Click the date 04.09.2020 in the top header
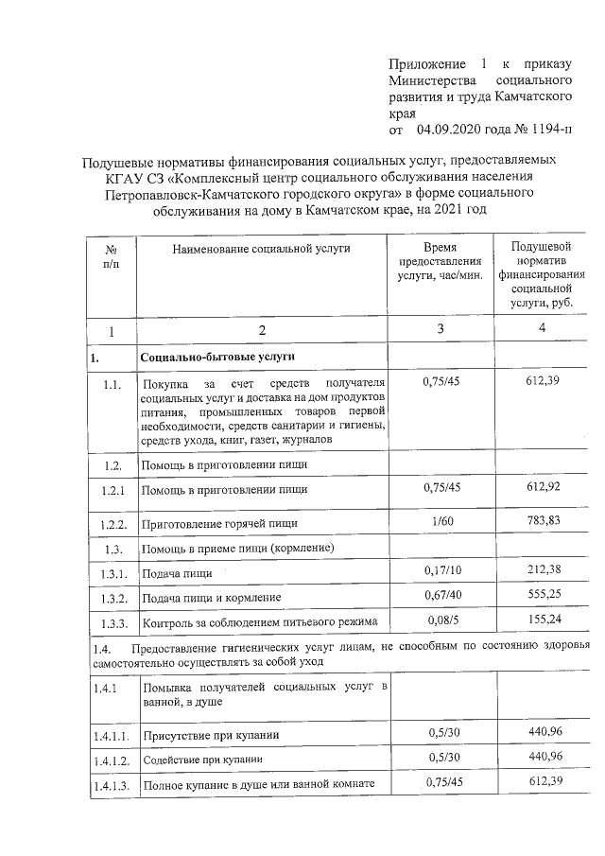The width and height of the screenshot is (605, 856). click(x=451, y=129)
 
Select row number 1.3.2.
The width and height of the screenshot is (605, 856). click(x=113, y=598)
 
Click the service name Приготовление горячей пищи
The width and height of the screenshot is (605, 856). click(x=219, y=523)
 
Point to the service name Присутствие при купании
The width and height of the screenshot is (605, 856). click(x=211, y=735)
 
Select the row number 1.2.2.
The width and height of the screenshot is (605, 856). click(x=113, y=523)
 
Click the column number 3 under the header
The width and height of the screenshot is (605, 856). click(x=443, y=330)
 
